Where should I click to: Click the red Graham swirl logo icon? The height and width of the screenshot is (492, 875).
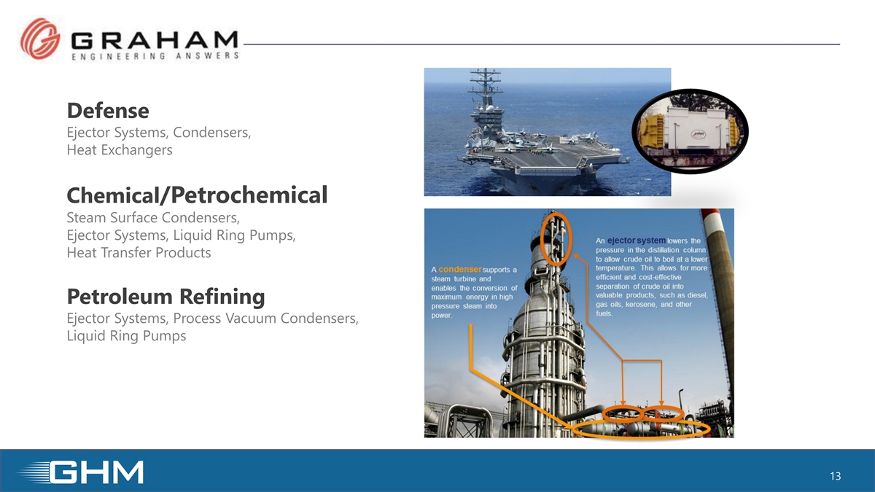tap(40, 39)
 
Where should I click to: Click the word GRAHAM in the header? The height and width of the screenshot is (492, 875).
tap(155, 40)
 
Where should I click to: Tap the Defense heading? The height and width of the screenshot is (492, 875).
tap(108, 111)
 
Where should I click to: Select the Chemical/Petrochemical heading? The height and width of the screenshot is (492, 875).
tap(198, 195)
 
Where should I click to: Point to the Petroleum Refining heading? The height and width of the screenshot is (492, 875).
tap(166, 296)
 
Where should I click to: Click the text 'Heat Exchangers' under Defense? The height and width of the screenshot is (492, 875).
tap(120, 150)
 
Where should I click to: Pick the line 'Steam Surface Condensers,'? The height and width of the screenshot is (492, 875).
tap(153, 217)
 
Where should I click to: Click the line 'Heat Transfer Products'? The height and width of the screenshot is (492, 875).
tap(139, 253)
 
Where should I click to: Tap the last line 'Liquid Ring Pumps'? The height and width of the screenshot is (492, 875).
tap(126, 336)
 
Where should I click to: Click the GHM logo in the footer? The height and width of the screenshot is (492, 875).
tap(81, 472)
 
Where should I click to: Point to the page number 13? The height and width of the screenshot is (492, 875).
tap(835, 476)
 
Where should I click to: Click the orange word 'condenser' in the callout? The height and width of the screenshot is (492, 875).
tap(460, 270)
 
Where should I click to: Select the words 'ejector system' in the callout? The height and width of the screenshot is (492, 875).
tap(637, 241)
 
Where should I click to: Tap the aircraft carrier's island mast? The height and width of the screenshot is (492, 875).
tap(485, 90)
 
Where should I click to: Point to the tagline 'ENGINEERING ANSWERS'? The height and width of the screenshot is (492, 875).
tap(155, 56)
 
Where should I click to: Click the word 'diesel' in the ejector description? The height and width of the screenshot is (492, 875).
tap(697, 295)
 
